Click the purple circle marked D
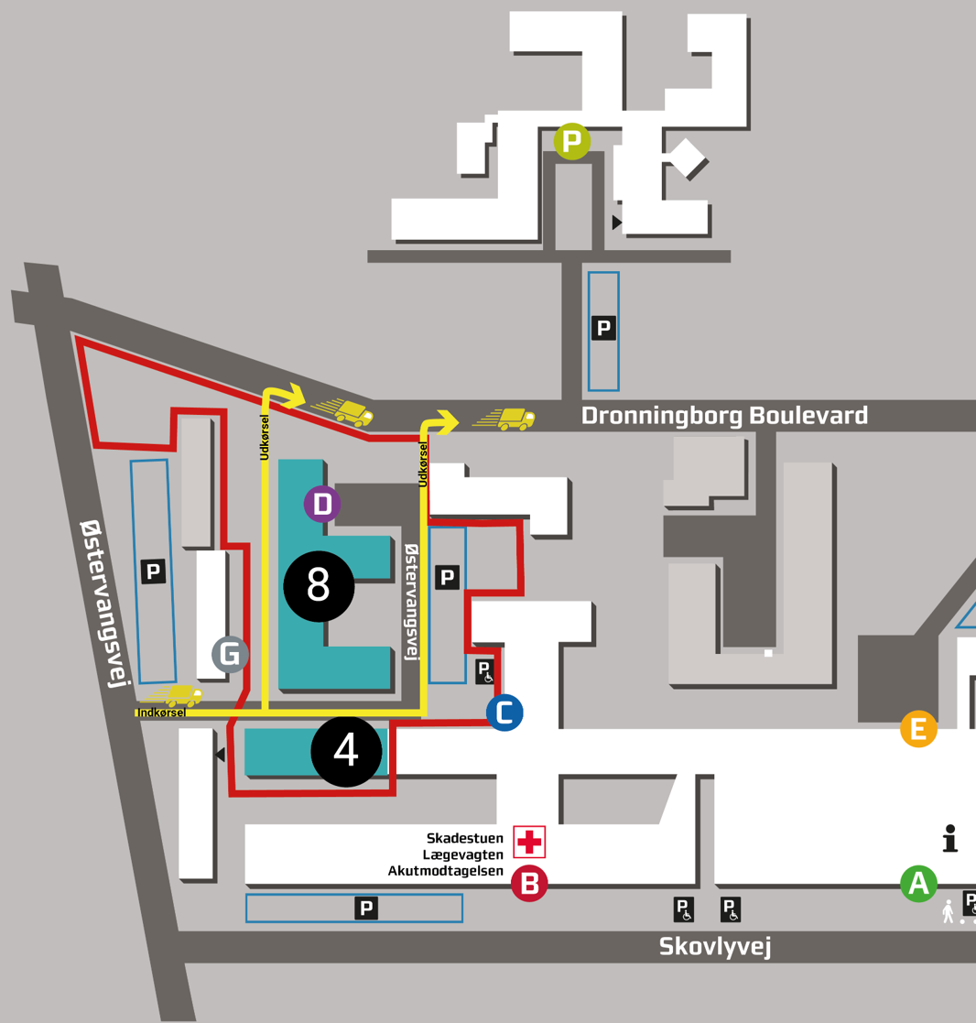(x=321, y=504)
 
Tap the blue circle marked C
(x=504, y=713)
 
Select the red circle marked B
(x=529, y=884)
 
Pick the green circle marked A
(x=918, y=884)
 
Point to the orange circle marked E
(x=918, y=729)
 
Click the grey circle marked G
(x=231, y=654)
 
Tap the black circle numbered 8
(x=319, y=585)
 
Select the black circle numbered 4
(x=346, y=751)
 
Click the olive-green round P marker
(x=572, y=141)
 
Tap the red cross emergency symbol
(x=529, y=842)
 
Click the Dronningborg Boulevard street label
(x=724, y=416)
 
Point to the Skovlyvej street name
(x=715, y=946)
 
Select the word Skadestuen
(x=464, y=838)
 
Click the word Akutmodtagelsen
(x=446, y=871)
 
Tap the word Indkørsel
(x=161, y=713)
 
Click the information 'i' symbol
(x=949, y=838)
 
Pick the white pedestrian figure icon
(x=948, y=911)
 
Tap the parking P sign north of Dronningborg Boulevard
(x=603, y=328)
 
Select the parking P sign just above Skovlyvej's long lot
(x=366, y=908)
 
